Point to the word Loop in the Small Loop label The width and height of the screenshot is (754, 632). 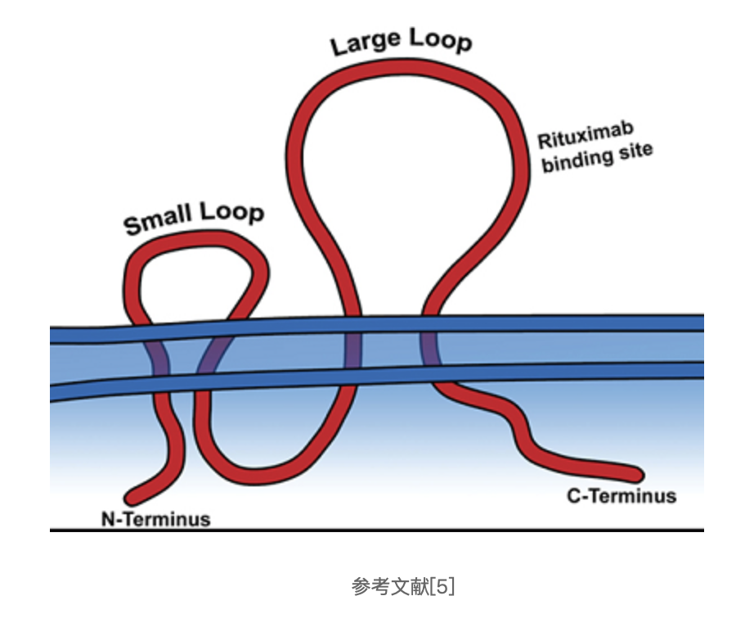click(232, 213)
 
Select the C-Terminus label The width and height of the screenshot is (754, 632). click(622, 495)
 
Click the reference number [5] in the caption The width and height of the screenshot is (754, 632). click(442, 586)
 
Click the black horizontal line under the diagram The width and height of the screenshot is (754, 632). click(376, 530)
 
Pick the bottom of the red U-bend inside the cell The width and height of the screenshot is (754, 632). click(262, 475)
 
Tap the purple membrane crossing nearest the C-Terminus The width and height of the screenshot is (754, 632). click(430, 350)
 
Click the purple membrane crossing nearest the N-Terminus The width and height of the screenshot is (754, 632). click(159, 355)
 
